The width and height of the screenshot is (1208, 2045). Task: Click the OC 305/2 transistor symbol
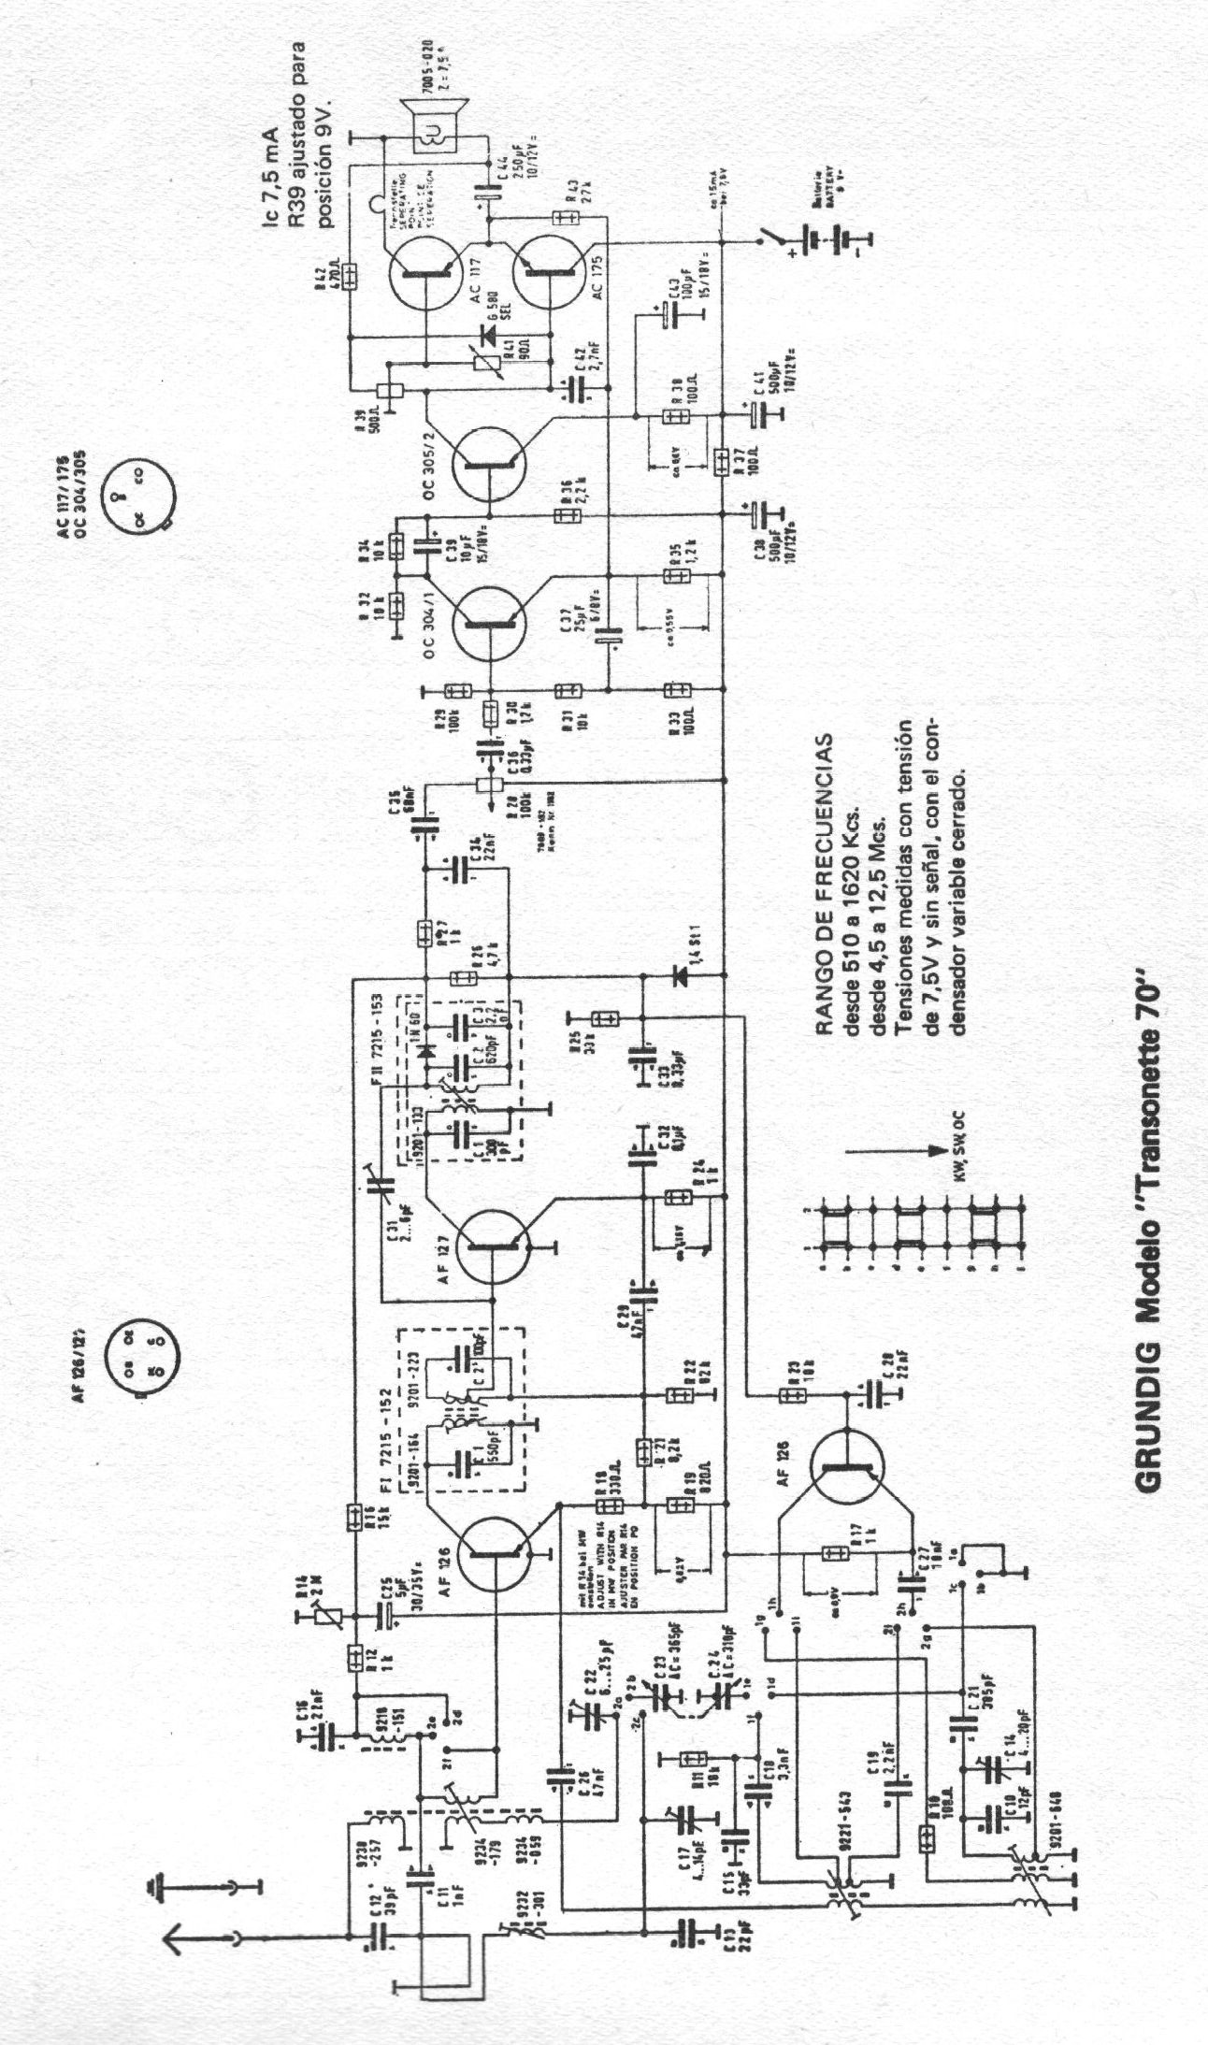(x=490, y=462)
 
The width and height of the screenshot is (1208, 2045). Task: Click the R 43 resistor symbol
(x=565, y=218)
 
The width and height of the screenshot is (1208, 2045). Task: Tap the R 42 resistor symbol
(x=349, y=275)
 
